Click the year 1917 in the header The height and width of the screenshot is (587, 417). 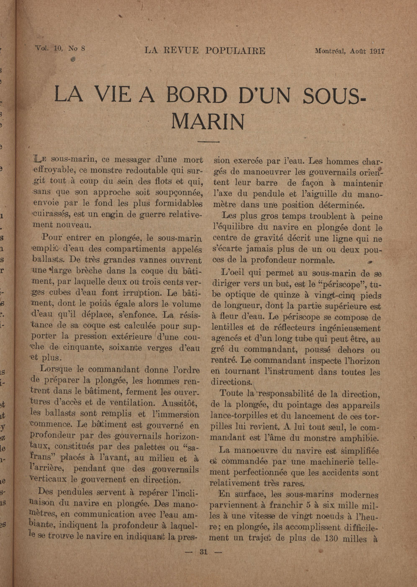(x=377, y=51)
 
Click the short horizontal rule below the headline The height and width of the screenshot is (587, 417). (x=208, y=141)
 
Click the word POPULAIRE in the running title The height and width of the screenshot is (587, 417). (x=235, y=51)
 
